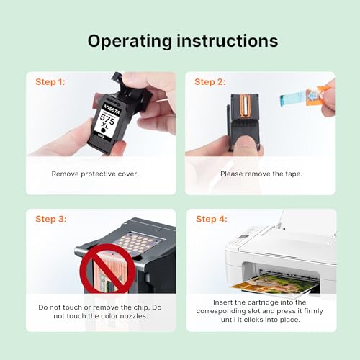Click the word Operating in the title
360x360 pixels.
click(130, 41)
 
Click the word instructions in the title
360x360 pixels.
click(228, 40)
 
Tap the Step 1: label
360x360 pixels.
click(50, 82)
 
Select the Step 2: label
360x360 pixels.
click(210, 82)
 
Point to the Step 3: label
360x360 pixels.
click(51, 219)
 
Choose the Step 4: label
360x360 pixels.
click(212, 219)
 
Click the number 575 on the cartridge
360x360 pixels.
click(107, 118)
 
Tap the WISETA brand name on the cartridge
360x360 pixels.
click(112, 109)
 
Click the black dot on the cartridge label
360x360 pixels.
click(104, 130)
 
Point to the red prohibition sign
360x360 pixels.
click(107, 269)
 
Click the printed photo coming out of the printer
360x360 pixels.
click(274, 284)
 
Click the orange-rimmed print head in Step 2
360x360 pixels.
click(245, 106)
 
